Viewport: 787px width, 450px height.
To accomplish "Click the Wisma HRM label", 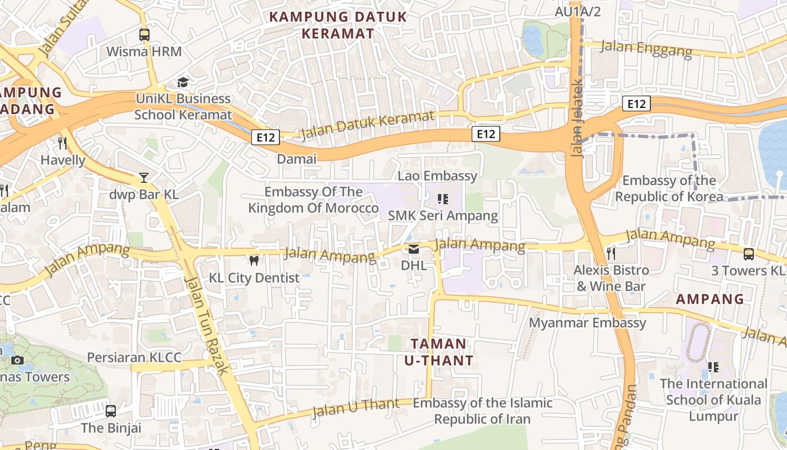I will point(144,52).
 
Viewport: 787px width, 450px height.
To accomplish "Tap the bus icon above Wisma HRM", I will point(144,35).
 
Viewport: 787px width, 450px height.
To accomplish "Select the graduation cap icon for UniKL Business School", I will point(183,83).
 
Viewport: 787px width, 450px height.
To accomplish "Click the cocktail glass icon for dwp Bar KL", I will point(144,178).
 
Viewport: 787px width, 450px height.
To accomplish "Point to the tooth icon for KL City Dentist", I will point(254,260).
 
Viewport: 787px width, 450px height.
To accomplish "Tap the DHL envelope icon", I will point(414,249).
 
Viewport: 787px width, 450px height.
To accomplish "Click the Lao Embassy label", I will point(437,175).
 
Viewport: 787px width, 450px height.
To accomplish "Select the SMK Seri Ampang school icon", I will point(442,199).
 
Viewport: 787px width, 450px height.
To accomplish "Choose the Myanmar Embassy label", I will point(587,323).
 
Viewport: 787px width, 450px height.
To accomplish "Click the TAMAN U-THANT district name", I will point(438,352).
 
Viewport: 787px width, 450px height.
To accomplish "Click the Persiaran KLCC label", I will point(134,358).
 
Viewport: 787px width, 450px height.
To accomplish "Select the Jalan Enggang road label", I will point(646,48).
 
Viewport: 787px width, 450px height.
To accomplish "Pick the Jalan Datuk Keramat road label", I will point(368,125).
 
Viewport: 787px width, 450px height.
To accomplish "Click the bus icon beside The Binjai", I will point(111,411).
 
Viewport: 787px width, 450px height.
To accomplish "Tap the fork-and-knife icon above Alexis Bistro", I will point(611,254).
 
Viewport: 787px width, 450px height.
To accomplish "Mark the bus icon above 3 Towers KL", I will point(749,254).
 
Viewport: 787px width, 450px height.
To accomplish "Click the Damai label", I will point(297,159).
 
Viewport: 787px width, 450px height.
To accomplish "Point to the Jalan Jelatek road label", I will point(577,118).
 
